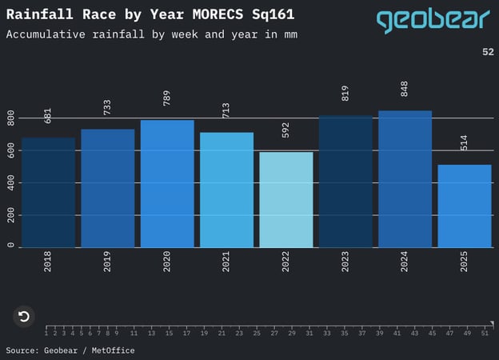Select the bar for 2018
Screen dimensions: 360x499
[x=48, y=192]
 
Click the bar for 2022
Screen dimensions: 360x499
[x=286, y=199]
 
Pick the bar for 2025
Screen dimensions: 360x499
[x=465, y=206]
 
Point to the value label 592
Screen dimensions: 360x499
[x=285, y=133]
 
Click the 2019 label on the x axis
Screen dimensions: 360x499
[x=107, y=262]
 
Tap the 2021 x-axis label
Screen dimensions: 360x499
[x=226, y=262]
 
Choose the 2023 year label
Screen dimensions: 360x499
[x=345, y=262]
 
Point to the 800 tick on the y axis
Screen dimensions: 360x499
[x=11, y=118]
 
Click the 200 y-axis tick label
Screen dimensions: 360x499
[x=11, y=215]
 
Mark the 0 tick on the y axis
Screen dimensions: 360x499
[x=11, y=246]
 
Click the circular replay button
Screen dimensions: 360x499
[x=24, y=316]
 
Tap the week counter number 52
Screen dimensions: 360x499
[x=488, y=52]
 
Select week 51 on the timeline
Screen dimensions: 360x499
[x=485, y=333]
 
